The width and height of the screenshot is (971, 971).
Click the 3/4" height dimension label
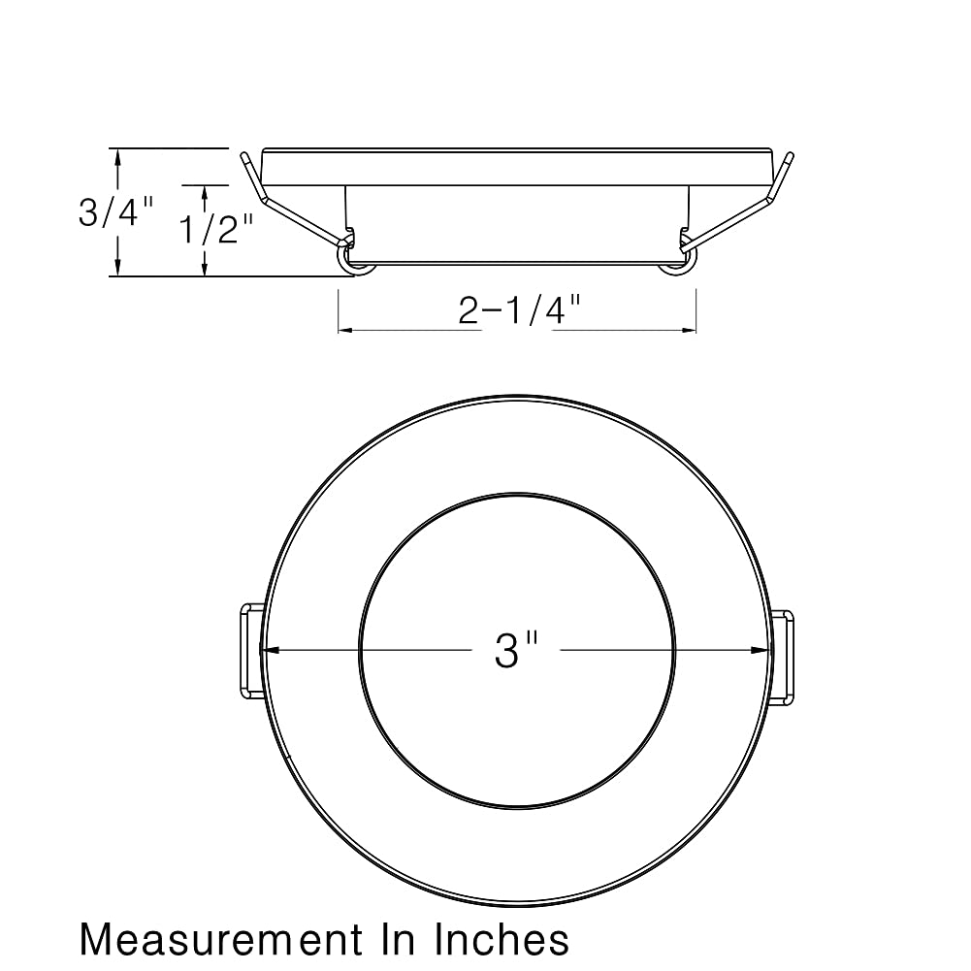coord(115,212)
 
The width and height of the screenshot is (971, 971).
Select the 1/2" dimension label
coord(216,229)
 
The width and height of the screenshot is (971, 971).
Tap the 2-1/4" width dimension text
coord(519,309)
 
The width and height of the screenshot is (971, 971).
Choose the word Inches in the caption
coord(501,939)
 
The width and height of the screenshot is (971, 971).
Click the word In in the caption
coord(398,939)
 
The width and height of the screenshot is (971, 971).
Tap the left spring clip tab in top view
coord(251,652)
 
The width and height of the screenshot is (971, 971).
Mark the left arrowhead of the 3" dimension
coord(270,650)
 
